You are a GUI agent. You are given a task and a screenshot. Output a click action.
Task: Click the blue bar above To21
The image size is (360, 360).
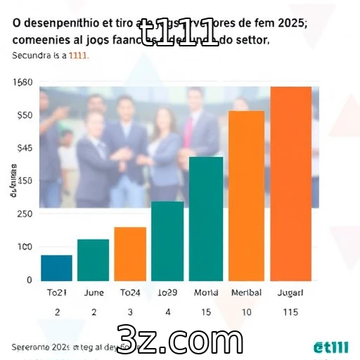tap(57, 267)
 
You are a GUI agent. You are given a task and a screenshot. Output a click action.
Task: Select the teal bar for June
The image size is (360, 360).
tap(94, 259)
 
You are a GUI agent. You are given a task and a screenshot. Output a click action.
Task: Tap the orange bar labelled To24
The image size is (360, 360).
tap(130, 253)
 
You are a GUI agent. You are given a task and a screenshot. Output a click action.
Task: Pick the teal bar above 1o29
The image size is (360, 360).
tap(167, 240)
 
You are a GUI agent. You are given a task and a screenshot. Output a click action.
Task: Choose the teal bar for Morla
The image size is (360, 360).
tap(205, 218)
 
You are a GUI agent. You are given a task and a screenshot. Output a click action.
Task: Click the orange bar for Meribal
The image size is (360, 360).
tap(246, 195)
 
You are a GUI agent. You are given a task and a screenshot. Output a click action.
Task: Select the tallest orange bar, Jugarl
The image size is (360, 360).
tap(290, 183)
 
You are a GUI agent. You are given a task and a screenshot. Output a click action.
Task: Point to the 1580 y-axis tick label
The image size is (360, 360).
tap(22, 82)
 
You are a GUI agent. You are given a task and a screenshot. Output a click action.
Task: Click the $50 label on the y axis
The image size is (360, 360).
tap(25, 115)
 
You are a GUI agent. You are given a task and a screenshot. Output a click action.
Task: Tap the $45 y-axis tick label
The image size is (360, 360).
tap(25, 148)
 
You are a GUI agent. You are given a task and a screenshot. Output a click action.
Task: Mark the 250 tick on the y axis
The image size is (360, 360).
tap(24, 214)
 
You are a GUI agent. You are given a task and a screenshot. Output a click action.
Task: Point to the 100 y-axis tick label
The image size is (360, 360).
tap(24, 247)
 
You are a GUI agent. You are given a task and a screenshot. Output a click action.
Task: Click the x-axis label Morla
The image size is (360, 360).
tap(206, 292)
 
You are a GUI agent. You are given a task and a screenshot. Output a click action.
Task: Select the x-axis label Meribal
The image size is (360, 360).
tap(246, 292)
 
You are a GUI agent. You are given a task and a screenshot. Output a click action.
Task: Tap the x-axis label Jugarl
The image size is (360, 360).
tap(290, 292)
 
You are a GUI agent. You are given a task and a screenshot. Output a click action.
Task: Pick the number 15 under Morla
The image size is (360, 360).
tap(205, 311)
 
